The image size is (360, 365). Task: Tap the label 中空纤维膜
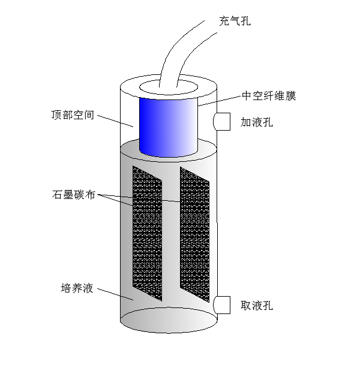coord(269,95)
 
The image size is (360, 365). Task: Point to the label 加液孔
coord(257,122)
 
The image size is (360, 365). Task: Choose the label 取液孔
coord(257,306)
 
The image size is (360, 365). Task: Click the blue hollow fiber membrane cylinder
coord(167,126)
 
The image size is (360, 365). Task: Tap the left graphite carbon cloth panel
coord(147,234)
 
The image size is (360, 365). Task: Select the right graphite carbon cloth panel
coord(195,234)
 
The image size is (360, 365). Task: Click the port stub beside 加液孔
coord(223,122)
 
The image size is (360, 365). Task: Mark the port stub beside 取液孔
coord(223,305)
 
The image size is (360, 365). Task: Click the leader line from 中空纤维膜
coord(218,101)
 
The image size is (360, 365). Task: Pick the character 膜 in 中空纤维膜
coord(292,95)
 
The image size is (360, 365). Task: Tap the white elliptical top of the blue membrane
coord(167,89)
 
